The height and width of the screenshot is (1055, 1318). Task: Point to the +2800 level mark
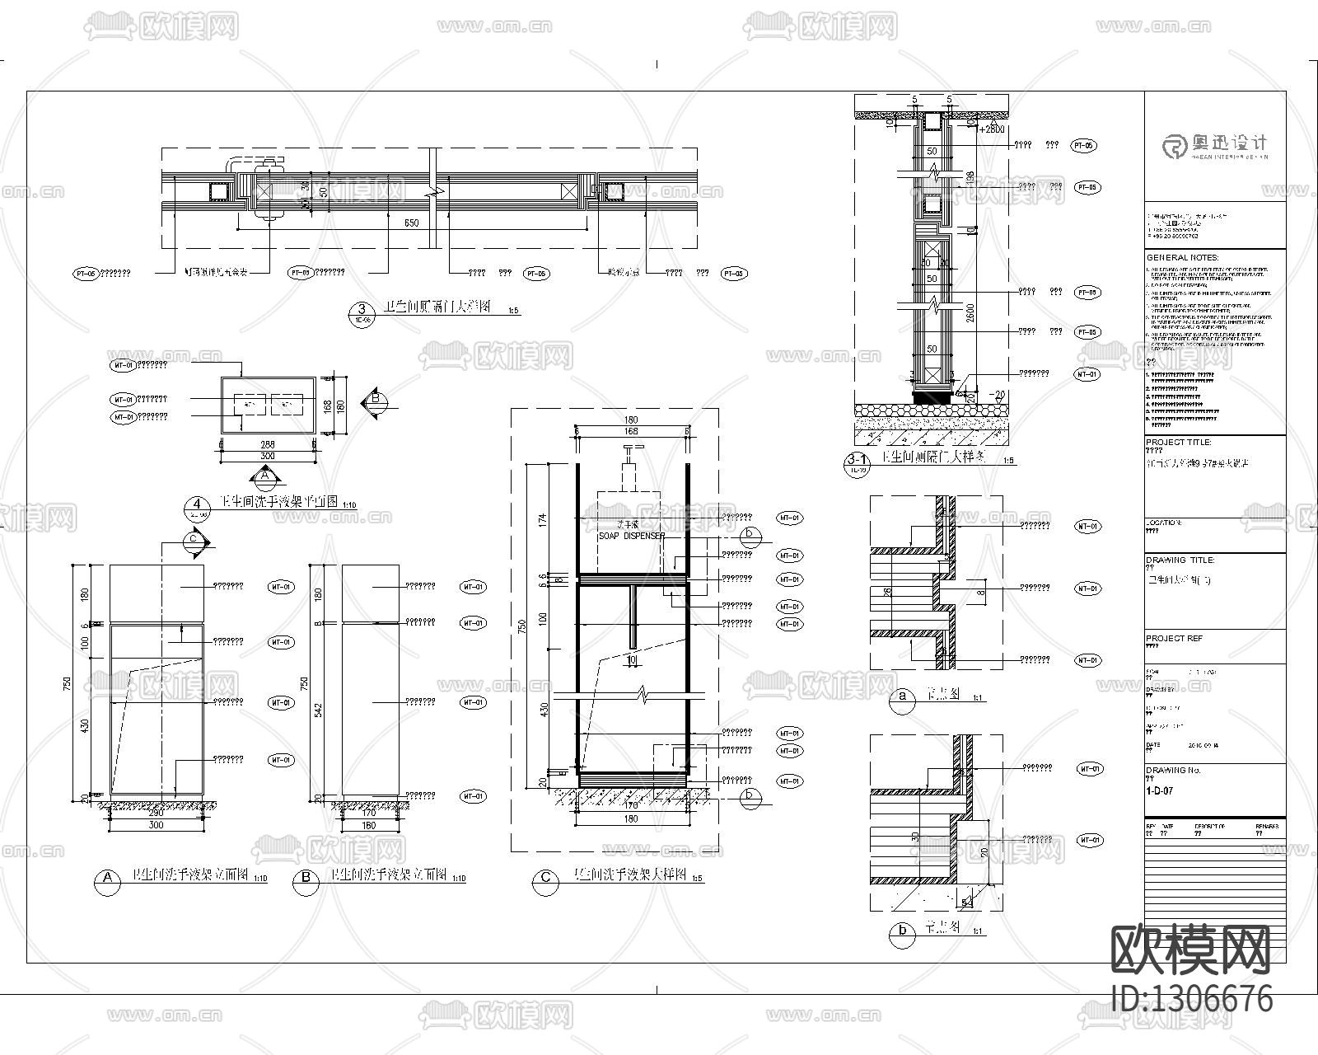pos(992,129)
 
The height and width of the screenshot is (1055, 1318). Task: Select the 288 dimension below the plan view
pos(267,444)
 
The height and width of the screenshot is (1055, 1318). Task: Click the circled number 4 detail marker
pos(196,504)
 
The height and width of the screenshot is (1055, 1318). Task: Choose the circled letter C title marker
pos(545,879)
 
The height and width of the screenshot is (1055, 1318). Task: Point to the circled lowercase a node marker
pos(903,697)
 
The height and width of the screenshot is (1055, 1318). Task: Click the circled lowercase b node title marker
pos(903,931)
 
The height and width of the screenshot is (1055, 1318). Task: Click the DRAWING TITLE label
pos(1180,560)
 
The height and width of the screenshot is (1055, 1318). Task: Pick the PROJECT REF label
pos(1173,638)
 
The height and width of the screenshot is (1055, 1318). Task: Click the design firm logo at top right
pos(1215,147)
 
